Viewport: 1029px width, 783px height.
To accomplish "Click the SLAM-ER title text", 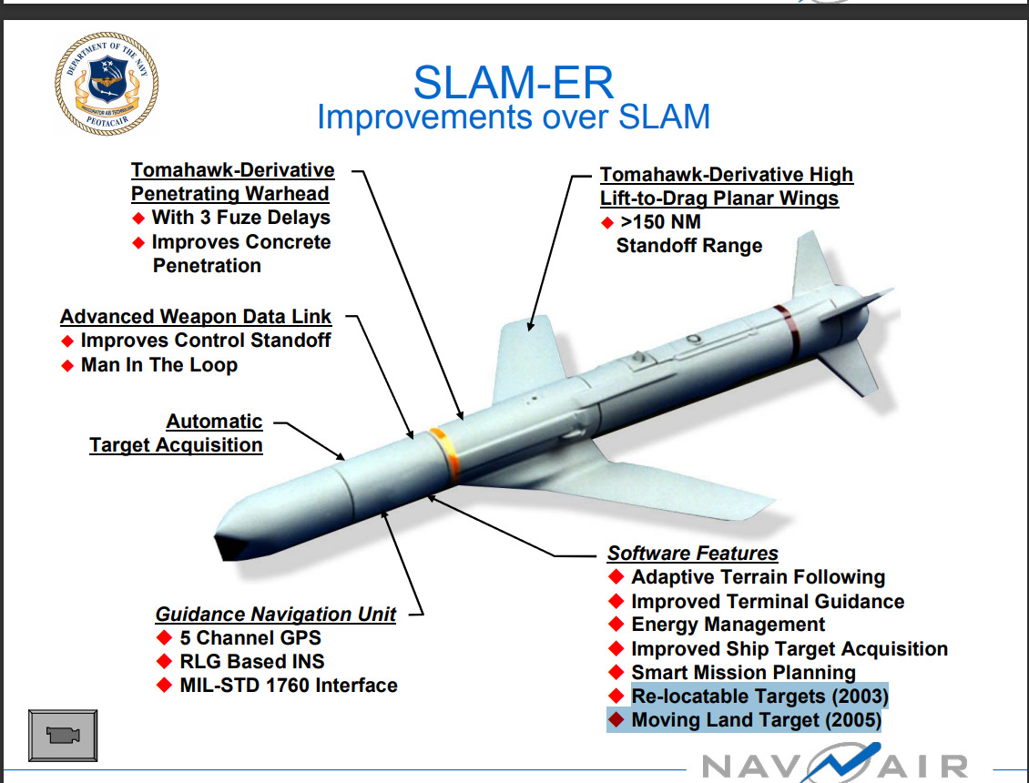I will (514, 82).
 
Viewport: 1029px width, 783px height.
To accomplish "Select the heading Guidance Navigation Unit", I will (275, 614).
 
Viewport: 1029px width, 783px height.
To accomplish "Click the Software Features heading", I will (692, 553).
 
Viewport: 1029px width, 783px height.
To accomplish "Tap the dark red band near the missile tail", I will (787, 330).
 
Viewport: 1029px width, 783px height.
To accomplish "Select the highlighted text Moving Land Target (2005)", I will (756, 720).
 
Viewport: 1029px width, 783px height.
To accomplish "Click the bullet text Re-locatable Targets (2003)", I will (759, 697).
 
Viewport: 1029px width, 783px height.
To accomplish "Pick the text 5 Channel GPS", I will (250, 637).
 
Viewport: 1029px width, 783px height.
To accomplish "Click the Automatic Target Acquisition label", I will (177, 433).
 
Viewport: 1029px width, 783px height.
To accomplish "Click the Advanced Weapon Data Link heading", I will (196, 317).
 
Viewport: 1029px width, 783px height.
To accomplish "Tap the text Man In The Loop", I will (158, 365).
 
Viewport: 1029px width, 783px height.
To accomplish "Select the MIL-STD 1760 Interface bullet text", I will (288, 685).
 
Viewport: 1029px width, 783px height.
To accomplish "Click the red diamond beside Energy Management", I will (616, 625).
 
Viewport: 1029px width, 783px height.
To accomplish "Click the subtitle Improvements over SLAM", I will (514, 117).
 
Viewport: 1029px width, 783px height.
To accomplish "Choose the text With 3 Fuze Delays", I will (240, 218).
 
